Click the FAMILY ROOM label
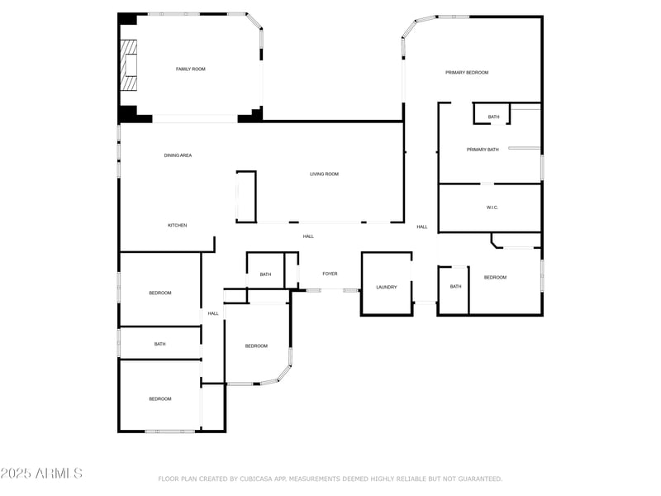point(190,69)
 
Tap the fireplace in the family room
point(128,64)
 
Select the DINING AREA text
point(178,155)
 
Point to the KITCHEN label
point(178,226)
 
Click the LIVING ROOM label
point(324,174)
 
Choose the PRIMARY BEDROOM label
point(467,73)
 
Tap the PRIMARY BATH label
point(483,150)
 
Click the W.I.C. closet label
point(492,207)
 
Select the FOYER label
point(330,274)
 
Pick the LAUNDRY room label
point(387,288)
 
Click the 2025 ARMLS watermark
point(41,474)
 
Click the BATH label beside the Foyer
point(265,274)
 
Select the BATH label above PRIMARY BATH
point(493,117)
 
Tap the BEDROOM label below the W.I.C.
point(495,278)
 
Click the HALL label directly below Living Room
point(308,237)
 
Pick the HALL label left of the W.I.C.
point(422,227)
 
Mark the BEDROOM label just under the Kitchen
point(160,293)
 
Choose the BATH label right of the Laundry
point(455,287)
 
